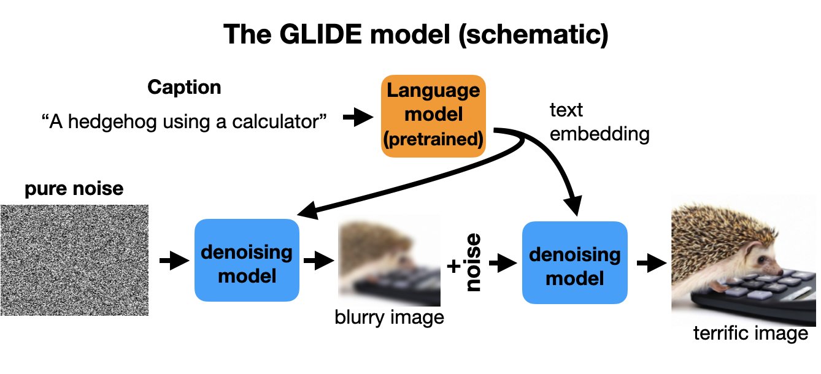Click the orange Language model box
[x=433, y=116]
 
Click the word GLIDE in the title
[x=319, y=36]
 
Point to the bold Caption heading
[x=184, y=87]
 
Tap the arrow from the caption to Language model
[x=355, y=118]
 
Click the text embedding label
[x=599, y=122]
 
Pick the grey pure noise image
[x=74, y=260]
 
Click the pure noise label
[x=74, y=188]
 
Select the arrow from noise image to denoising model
[x=170, y=262]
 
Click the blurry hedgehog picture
[x=389, y=260]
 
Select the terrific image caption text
[x=750, y=334]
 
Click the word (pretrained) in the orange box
[x=433, y=139]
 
